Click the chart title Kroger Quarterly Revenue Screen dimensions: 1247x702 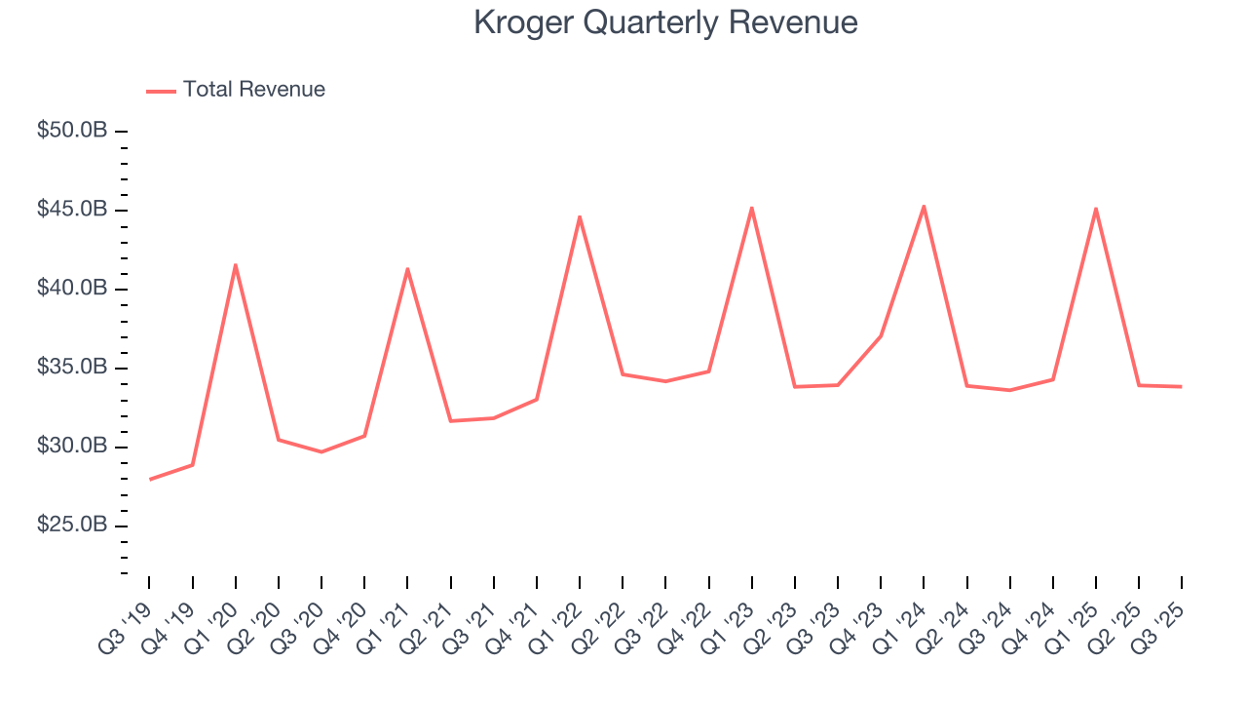coord(665,21)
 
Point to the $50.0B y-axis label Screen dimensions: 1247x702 coord(71,131)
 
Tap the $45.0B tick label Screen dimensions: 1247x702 coord(71,210)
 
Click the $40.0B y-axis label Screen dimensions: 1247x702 coord(71,289)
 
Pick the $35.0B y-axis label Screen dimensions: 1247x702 coord(71,368)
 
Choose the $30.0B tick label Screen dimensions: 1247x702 coord(71,447)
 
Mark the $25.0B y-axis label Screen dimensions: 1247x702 coord(71,526)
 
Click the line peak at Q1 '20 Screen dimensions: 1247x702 coord(235,265)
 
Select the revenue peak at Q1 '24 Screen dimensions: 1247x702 coord(924,206)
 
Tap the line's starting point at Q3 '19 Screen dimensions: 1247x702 coord(150,479)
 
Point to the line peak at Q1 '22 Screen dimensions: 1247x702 coord(580,216)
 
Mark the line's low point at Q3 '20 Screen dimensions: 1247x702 coord(321,451)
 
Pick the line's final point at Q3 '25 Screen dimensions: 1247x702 coord(1181,387)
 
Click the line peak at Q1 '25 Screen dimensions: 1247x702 coord(1096,209)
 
